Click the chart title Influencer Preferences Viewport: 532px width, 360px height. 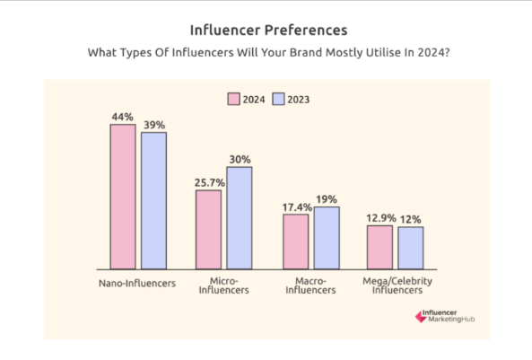point(266,31)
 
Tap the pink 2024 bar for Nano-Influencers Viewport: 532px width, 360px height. point(123,197)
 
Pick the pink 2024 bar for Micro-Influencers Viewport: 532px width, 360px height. point(209,229)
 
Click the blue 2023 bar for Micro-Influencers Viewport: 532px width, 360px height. point(240,217)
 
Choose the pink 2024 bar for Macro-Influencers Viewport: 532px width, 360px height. point(296,241)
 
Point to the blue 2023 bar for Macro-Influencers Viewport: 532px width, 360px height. point(327,238)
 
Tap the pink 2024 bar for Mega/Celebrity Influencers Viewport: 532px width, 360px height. point(380,246)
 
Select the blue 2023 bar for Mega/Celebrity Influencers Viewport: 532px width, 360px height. point(410,247)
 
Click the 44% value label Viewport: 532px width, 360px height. point(123,118)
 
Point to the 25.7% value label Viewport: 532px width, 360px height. point(208,183)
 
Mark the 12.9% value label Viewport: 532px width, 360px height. point(379,218)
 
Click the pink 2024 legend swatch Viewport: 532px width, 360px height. point(233,99)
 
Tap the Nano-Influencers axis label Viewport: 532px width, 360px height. point(138,284)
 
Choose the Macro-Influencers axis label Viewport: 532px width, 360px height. point(310,285)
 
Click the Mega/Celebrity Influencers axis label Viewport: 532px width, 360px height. point(395,285)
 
